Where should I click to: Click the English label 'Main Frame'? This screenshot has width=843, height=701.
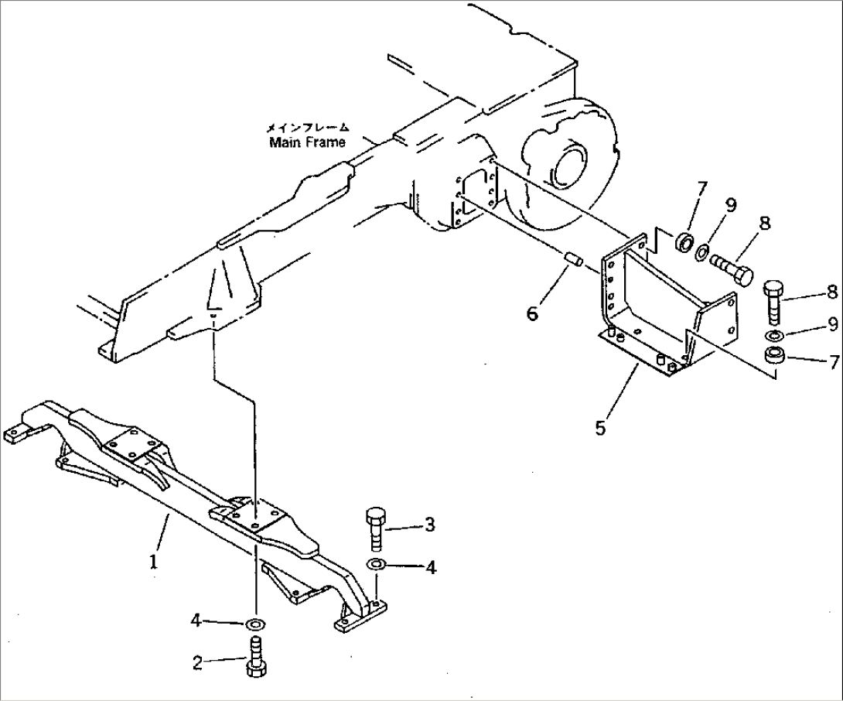pyautogui.click(x=307, y=142)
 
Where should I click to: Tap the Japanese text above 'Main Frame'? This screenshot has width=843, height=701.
pyautogui.click(x=308, y=128)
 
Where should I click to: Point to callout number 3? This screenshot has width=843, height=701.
pyautogui.click(x=430, y=525)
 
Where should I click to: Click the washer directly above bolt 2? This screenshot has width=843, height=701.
pyautogui.click(x=254, y=624)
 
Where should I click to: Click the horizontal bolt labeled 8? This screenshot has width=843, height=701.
pyautogui.click(x=732, y=272)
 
